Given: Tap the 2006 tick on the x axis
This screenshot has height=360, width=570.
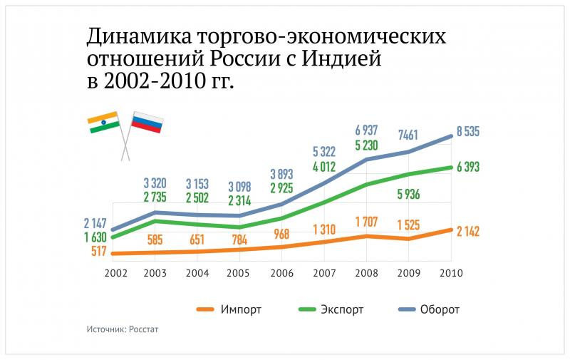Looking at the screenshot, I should click(281, 273).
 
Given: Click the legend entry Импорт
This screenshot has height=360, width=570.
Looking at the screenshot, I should click(229, 309).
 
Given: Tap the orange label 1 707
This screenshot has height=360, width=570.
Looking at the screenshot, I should click(366, 222).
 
